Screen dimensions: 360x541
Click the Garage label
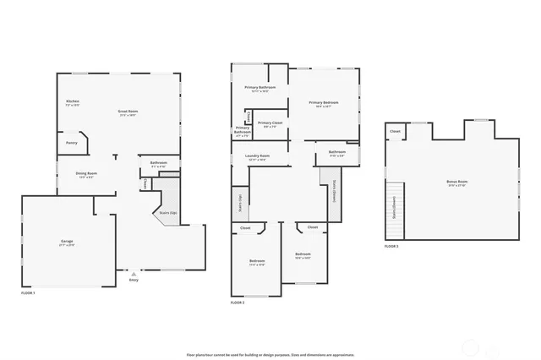coord(67,243)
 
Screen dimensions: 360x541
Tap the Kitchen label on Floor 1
coord(73,103)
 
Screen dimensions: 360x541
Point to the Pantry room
coord(72,143)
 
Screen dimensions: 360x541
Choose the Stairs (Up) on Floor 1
coord(167,213)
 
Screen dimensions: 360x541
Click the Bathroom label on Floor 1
coord(158,163)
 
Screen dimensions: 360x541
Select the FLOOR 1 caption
coord(28,292)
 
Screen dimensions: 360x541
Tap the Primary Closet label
coord(270,123)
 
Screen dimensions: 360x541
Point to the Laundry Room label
coord(258,156)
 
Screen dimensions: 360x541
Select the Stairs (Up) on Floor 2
coord(239,204)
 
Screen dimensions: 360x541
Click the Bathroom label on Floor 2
coord(336,154)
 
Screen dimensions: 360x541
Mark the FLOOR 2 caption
coord(238,302)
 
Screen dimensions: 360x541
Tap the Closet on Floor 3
coord(395,132)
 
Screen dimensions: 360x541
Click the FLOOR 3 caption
coord(391,246)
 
